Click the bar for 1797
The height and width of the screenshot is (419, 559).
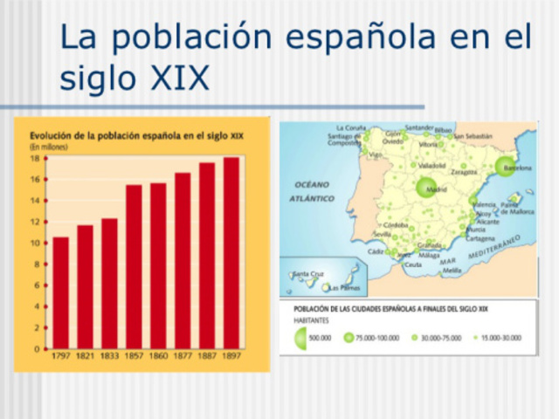(x=60, y=292)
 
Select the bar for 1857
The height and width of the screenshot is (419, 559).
(x=134, y=266)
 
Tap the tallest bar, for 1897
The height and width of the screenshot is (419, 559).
(x=231, y=253)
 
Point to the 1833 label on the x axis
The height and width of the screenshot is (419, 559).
(x=109, y=357)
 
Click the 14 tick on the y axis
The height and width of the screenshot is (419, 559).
(x=36, y=201)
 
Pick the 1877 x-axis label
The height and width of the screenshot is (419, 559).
(x=183, y=357)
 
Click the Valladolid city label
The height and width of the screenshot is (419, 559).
(x=431, y=165)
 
